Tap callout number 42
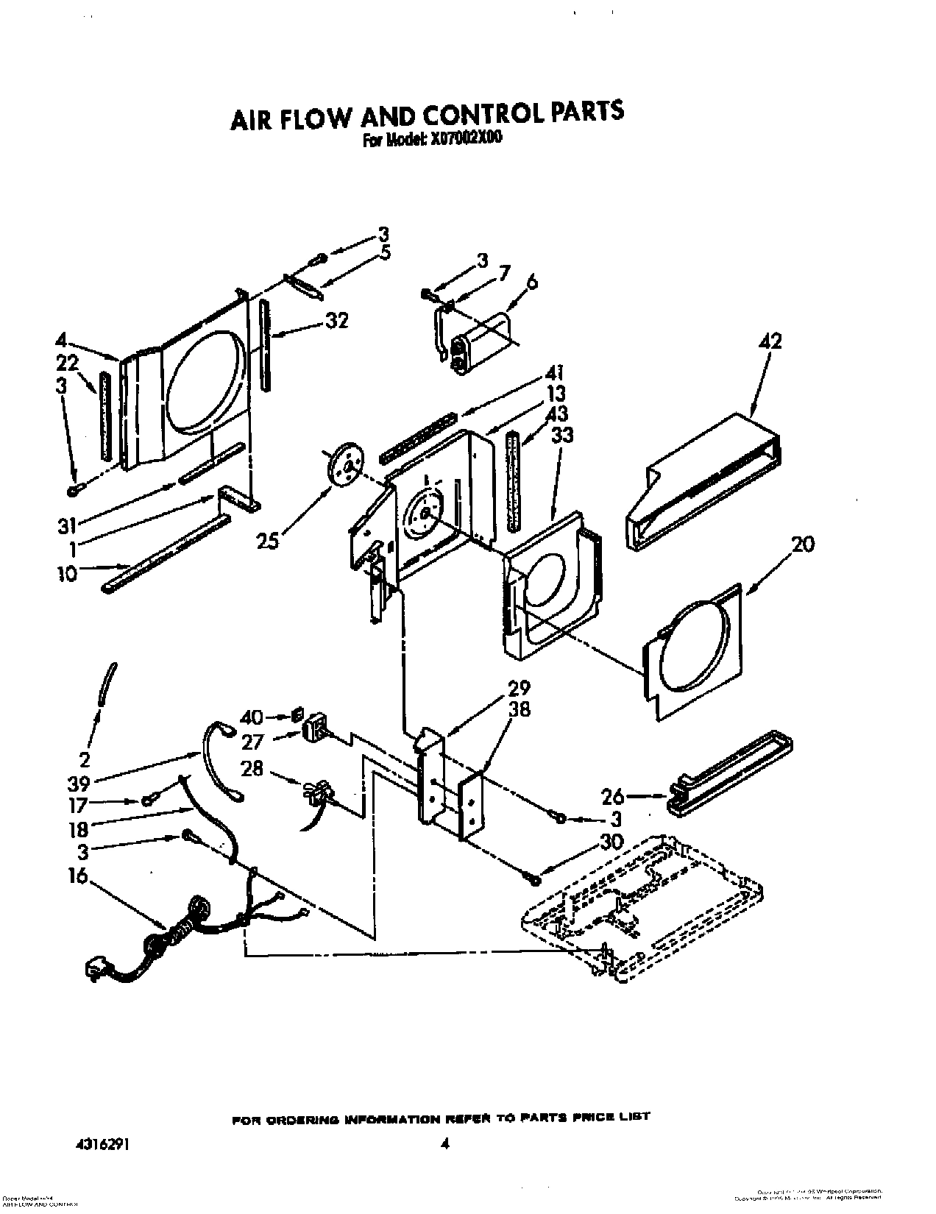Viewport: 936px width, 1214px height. click(x=770, y=341)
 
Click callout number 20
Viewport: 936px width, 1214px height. click(x=803, y=545)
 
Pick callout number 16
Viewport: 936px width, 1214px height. click(x=77, y=876)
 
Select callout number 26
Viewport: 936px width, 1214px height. click(x=613, y=795)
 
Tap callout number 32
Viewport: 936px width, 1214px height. click(x=336, y=321)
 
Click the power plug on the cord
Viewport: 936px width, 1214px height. click(x=98, y=970)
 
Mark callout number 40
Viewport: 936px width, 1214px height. click(x=252, y=716)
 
